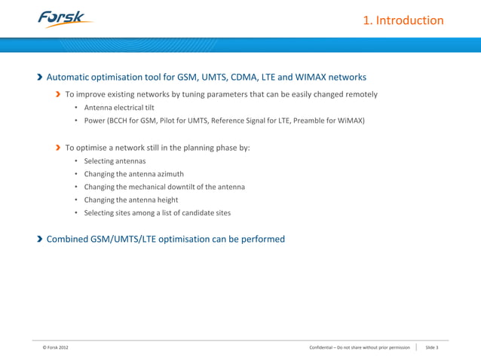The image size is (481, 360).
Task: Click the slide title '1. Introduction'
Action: click(403, 20)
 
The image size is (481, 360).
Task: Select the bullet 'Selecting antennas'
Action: click(115, 161)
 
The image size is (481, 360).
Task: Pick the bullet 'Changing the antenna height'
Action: click(131, 200)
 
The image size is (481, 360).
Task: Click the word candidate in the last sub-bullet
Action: click(195, 212)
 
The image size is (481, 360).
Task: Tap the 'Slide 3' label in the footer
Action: click(432, 347)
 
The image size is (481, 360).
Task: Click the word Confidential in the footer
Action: click(326, 347)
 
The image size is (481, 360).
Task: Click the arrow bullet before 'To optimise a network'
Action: click(57, 148)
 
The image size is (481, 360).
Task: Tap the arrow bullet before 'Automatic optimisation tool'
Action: click(39, 78)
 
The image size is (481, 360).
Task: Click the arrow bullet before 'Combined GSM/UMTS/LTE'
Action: click(39, 239)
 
